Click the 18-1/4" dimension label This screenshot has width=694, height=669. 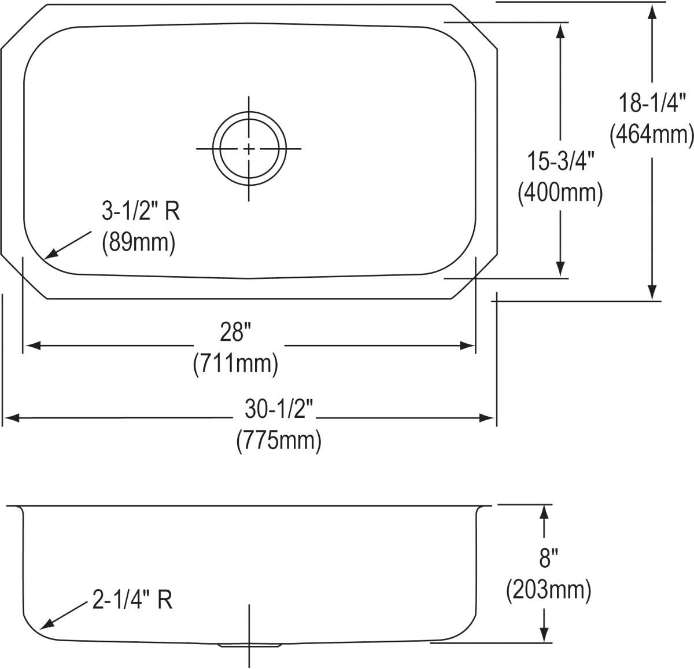pyautogui.click(x=652, y=104)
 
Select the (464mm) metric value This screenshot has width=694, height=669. pyautogui.click(x=652, y=135)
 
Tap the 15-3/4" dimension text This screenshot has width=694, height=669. pyautogui.click(x=560, y=161)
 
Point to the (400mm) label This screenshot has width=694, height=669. pyautogui.click(x=560, y=192)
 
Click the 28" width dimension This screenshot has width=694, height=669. pyautogui.click(x=235, y=332)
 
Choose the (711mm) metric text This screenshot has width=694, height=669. pyautogui.click(x=235, y=363)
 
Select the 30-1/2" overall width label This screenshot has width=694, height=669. pyautogui.click(x=278, y=410)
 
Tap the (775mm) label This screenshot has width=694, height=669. pyautogui.click(x=278, y=441)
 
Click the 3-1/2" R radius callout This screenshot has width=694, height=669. pyautogui.click(x=141, y=212)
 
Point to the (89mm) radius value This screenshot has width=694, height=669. pyautogui.click(x=138, y=242)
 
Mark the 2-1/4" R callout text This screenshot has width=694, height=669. pyautogui.click(x=132, y=600)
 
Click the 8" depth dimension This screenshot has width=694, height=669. pyautogui.click(x=548, y=559)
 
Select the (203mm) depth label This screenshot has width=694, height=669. pyautogui.click(x=548, y=590)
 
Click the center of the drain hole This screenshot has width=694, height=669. pyautogui.click(x=249, y=149)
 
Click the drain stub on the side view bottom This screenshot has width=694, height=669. pyautogui.click(x=249, y=644)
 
